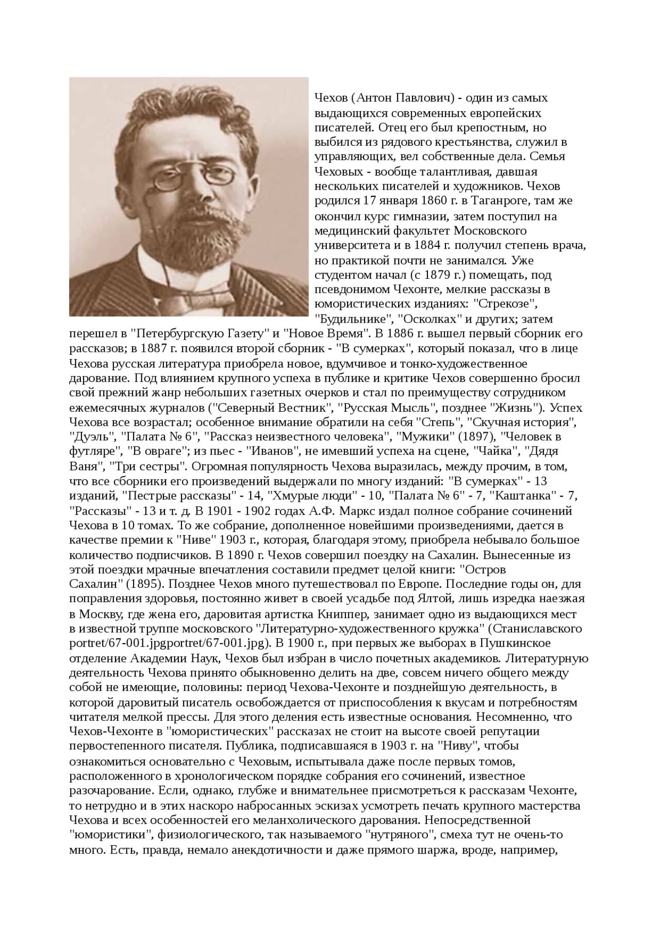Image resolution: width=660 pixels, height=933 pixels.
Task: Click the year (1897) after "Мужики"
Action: (x=473, y=436)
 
